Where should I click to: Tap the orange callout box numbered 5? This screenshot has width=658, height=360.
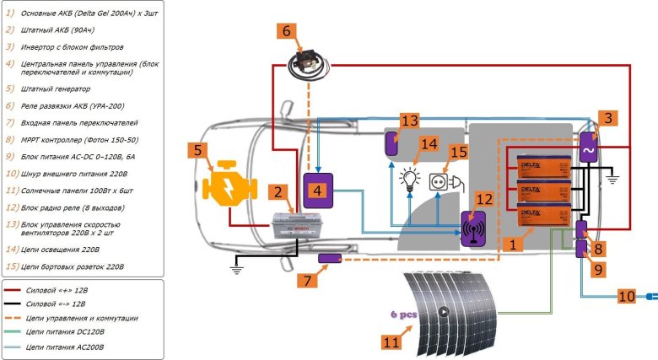(197, 153)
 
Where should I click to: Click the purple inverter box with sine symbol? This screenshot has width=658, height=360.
(585, 148)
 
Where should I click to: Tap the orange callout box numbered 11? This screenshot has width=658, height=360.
(391, 342)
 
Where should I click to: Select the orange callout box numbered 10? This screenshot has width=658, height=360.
(627, 297)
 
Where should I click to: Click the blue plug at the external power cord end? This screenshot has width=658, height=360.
(650, 297)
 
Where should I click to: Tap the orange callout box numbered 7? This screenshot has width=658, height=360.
(308, 277)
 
